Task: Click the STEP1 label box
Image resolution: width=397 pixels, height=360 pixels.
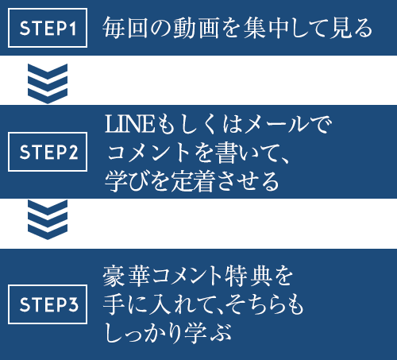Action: [x=48, y=28]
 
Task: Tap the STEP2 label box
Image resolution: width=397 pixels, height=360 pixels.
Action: [x=48, y=152]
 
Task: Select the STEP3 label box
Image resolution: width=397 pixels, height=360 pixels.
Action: [x=48, y=304]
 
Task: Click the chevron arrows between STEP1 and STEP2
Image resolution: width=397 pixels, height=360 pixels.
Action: [x=48, y=83]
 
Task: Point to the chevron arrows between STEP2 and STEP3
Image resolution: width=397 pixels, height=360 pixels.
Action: [x=48, y=219]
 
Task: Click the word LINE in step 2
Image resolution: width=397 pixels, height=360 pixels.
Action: [x=129, y=124]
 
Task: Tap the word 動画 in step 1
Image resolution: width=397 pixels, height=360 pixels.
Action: [x=196, y=28]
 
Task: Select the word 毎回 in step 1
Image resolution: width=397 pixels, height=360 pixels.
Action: [x=125, y=28]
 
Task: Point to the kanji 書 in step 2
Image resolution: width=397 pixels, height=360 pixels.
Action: [x=225, y=153]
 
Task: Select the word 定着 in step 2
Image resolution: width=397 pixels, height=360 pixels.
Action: [x=193, y=181]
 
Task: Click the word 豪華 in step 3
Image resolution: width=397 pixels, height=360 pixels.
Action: [x=126, y=277]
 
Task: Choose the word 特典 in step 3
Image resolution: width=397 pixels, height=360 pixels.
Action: [x=248, y=277]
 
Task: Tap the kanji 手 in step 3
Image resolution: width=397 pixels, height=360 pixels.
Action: [x=114, y=304]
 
